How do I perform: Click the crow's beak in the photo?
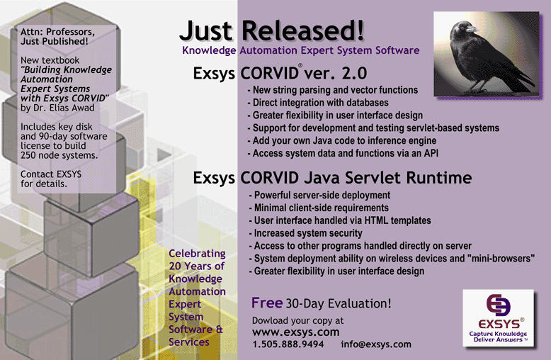coord(472,29)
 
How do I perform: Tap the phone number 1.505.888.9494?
coord(288,344)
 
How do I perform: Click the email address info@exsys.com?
coord(376,344)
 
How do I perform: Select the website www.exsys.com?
coord(296,332)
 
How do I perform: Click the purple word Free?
coord(267,303)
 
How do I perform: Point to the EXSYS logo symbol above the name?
coord(499,305)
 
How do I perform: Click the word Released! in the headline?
coord(303,30)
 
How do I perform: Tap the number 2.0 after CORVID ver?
coord(354,73)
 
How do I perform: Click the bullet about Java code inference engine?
coord(342,140)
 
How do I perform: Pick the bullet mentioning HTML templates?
coord(340,220)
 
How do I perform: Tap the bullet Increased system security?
coord(305,233)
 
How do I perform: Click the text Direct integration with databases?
coord(321,103)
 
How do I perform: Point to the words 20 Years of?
coord(196,266)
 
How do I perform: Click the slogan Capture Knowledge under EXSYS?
coord(498,334)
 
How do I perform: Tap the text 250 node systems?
coord(59,155)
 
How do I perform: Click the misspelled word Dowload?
coord(271,320)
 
